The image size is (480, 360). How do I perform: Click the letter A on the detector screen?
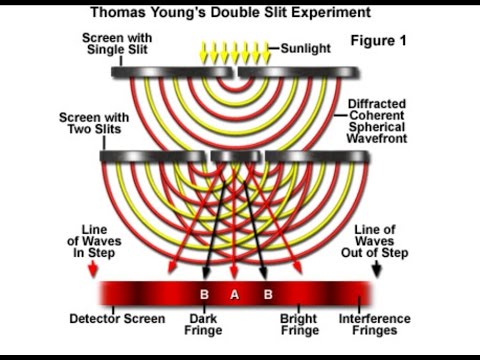[x=234, y=294]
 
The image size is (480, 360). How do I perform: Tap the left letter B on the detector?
[x=205, y=294]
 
